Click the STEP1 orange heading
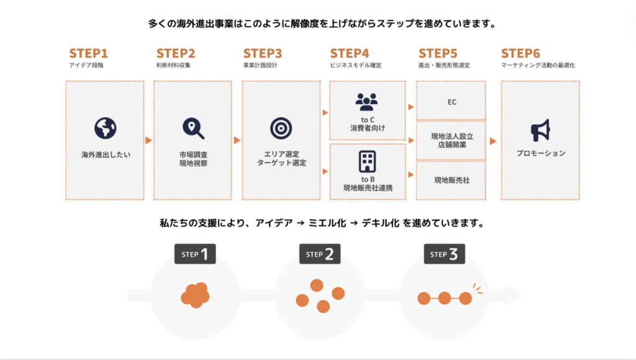tap(88, 53)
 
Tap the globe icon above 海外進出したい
tap(105, 128)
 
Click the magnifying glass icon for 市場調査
tap(193, 128)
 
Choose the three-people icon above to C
tap(366, 101)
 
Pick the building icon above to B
tap(367, 161)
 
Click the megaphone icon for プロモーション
tap(540, 130)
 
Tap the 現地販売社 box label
tap(452, 180)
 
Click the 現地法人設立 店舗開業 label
tap(452, 141)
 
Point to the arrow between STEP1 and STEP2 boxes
tap(148, 140)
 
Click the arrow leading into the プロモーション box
tap(493, 141)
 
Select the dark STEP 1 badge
tap(194, 254)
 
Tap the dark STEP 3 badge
tap(444, 254)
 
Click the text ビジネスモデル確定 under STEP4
tap(356, 65)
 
